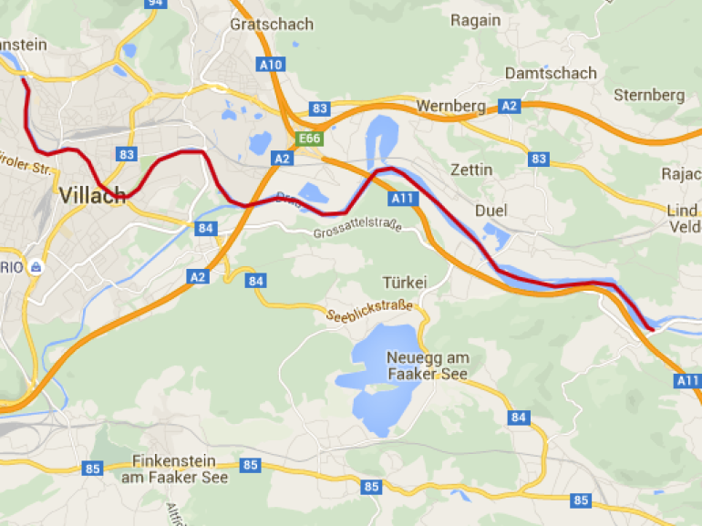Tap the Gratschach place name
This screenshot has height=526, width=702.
(272, 24)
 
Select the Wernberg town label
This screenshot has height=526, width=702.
(450, 107)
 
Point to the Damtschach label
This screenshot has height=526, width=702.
(551, 73)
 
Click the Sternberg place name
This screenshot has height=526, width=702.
(648, 95)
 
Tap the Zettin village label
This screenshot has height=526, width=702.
(471, 170)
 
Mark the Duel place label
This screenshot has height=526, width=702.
(490, 211)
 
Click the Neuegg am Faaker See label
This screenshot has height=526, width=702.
(428, 366)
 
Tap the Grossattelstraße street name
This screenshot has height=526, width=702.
(356, 233)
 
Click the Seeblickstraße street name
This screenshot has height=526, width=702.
(369, 310)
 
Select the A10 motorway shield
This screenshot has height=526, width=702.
(271, 64)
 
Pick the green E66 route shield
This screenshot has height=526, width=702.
(310, 139)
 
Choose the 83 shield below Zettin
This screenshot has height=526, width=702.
(539, 160)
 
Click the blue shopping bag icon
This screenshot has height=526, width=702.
(36, 267)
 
